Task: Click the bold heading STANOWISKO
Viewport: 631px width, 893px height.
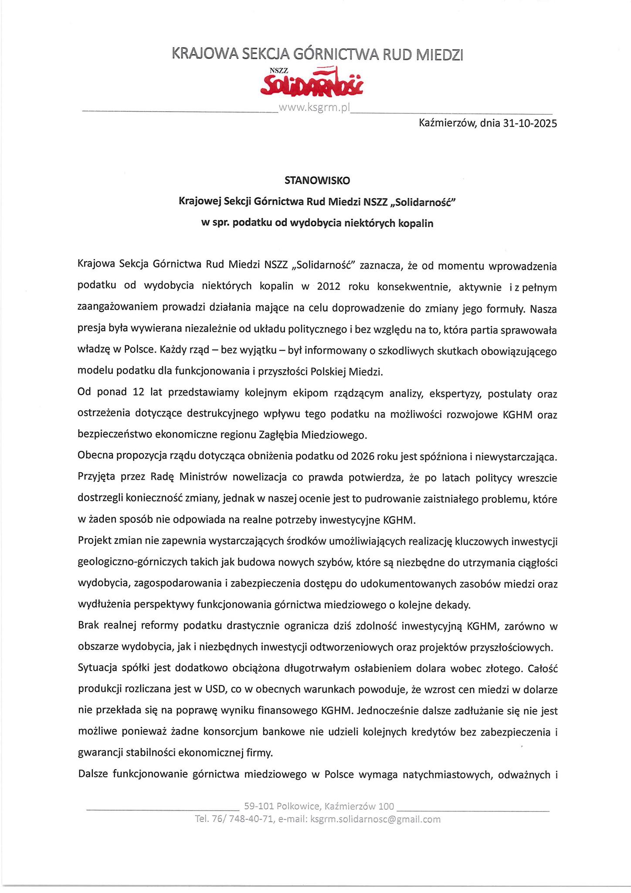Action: pyautogui.click(x=317, y=180)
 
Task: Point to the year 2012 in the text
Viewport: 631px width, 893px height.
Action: pyautogui.click(x=329, y=286)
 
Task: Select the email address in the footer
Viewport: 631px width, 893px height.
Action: pyautogui.click(x=375, y=819)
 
